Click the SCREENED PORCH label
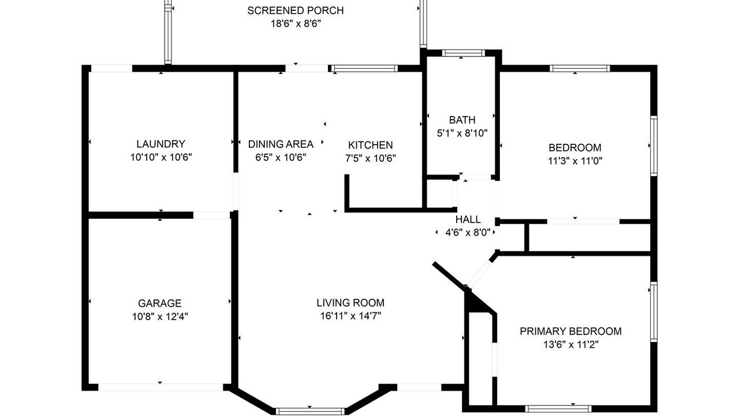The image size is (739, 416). point(295,10)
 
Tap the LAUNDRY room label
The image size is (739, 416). point(161,144)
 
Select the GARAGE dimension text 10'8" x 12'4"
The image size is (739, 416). point(160,317)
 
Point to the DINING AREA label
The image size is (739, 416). point(281,144)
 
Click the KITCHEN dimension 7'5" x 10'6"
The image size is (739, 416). point(371,158)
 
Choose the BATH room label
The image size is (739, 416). point(462,120)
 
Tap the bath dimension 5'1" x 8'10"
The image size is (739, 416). point(462,133)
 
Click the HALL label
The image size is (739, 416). point(468,219)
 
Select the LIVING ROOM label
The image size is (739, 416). point(350,303)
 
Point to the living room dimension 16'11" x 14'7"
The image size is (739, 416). point(350,316)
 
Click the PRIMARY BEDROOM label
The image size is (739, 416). point(571,331)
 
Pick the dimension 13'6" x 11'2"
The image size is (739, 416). point(571,345)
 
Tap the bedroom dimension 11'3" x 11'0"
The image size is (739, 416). point(575,161)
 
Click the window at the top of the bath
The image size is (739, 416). point(464,53)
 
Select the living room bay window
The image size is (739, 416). point(310,411)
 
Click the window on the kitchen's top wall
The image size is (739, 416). point(364,68)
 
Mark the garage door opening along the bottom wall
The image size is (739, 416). point(161,387)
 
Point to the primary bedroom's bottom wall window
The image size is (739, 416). point(558,408)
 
